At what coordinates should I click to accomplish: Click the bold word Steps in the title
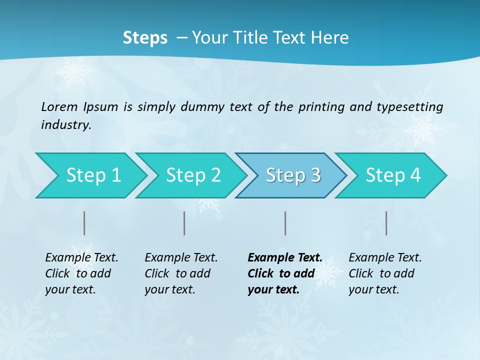pos(145,38)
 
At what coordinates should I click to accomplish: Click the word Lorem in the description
pos(59,106)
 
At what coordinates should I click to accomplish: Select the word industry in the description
pos(65,124)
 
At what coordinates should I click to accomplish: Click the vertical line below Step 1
pos(84,223)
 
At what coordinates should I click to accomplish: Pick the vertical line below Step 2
pos(184,223)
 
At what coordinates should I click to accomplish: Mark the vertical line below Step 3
pos(285,223)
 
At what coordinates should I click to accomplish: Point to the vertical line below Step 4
pos(386,223)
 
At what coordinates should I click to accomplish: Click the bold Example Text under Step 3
pos(285,257)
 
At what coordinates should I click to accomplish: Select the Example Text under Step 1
pos(81,257)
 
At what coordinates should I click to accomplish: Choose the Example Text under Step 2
pos(181,257)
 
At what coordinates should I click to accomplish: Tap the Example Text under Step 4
pos(385,257)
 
